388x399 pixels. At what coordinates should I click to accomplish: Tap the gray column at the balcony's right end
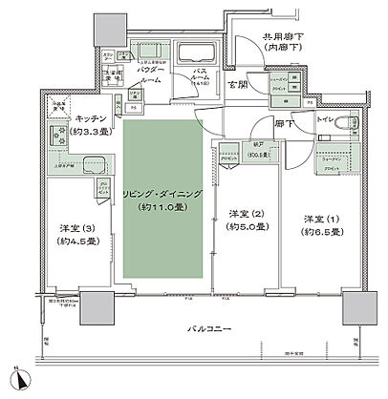(x=351, y=308)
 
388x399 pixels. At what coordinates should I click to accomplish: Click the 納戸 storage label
(x=228, y=148)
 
